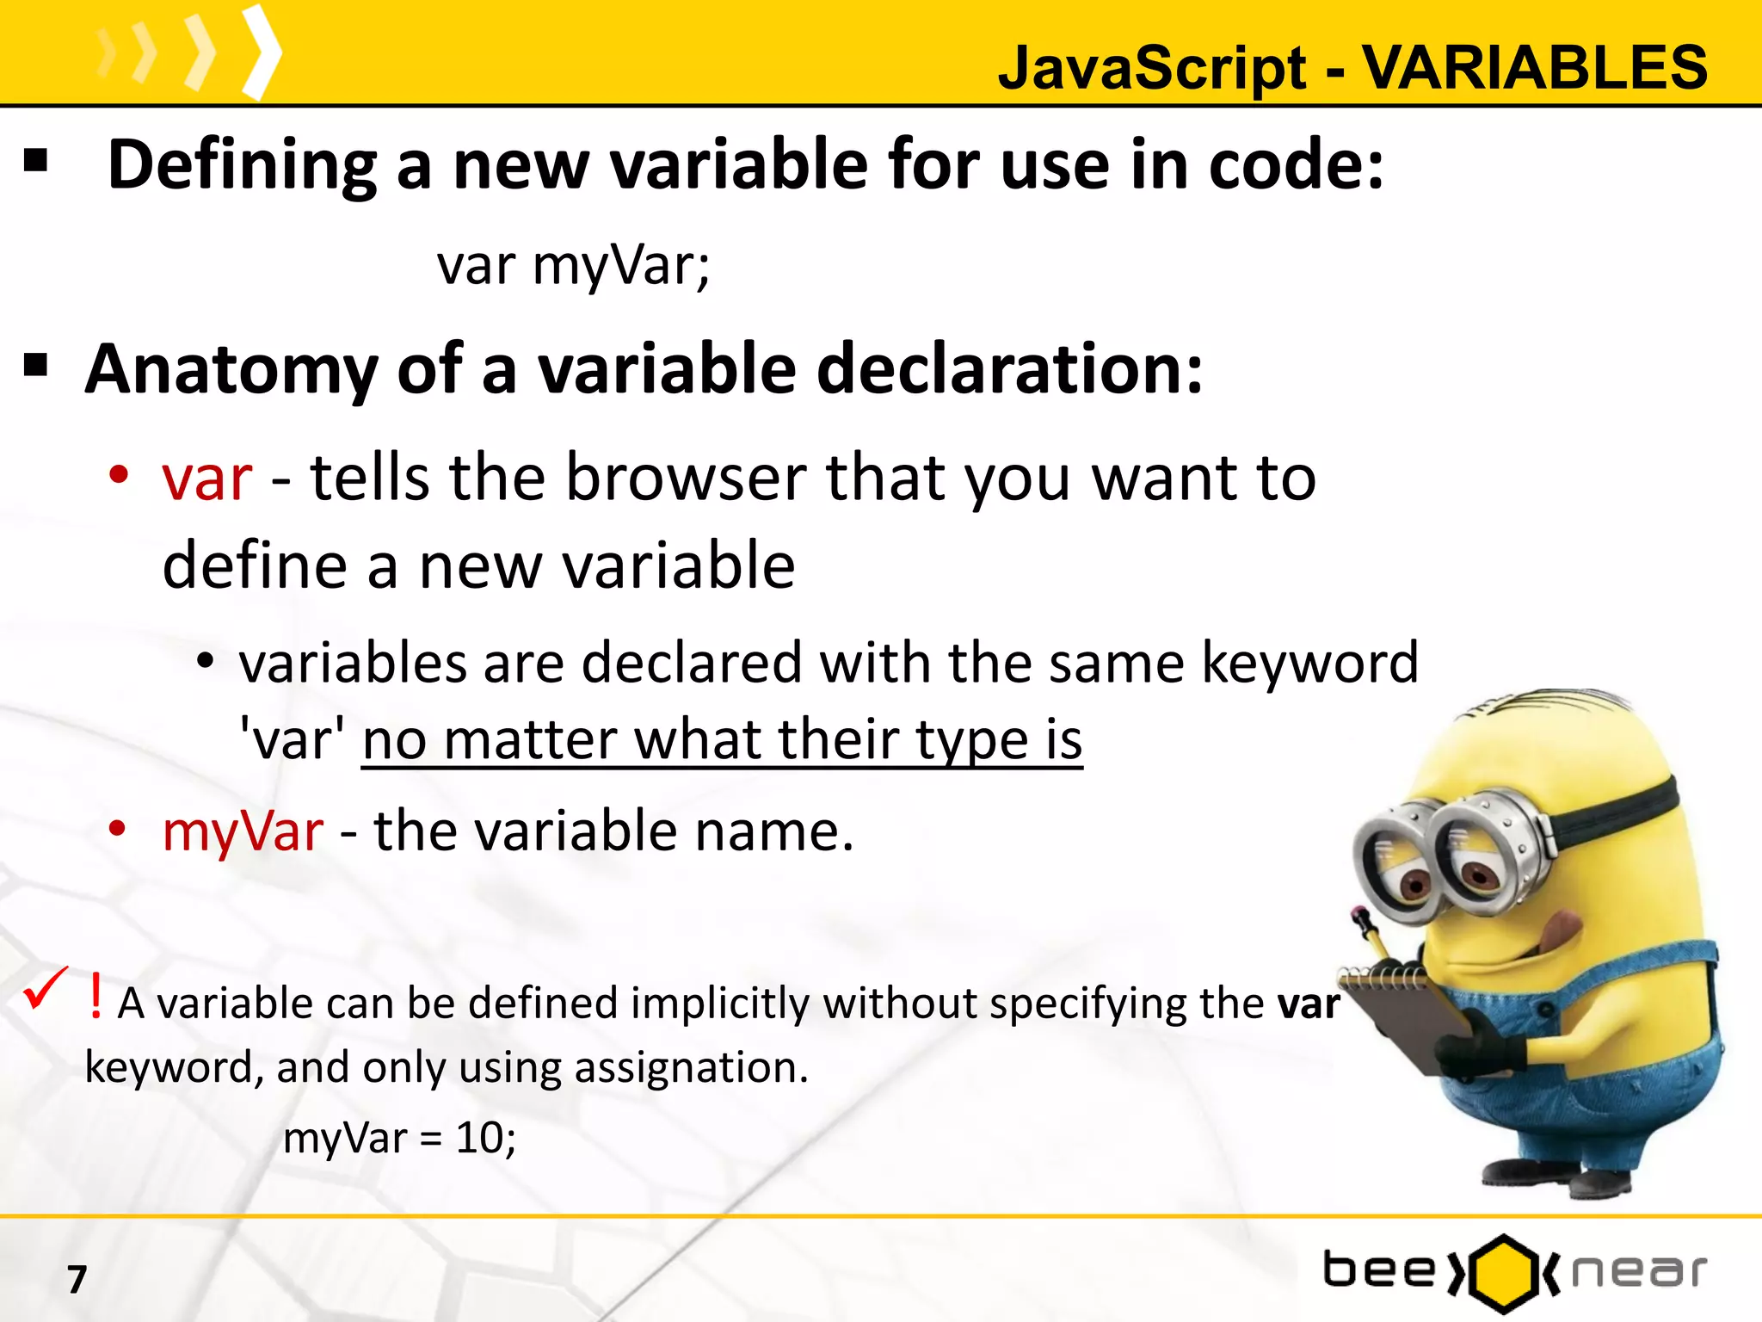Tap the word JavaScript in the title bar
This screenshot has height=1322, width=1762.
[1152, 69]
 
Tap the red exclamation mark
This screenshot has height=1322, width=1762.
[95, 997]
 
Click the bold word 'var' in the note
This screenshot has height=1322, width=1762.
[1309, 1004]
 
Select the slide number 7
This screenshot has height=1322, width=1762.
[77, 1279]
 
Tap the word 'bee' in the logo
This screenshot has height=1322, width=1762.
[1379, 1270]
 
